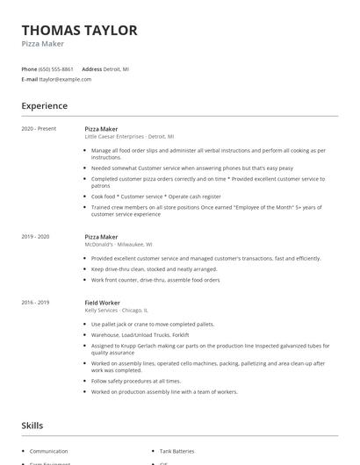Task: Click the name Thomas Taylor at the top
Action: click(x=79, y=31)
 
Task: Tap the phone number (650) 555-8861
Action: click(x=57, y=68)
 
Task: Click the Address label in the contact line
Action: click(x=91, y=68)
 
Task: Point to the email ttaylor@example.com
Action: click(x=65, y=79)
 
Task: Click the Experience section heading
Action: click(x=45, y=106)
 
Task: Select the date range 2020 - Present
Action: click(x=39, y=129)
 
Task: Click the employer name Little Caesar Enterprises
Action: click(x=114, y=137)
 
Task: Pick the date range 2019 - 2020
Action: click(x=36, y=237)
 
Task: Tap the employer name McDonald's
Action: click(x=99, y=245)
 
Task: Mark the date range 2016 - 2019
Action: click(x=36, y=302)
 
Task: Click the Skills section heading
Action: click(x=32, y=426)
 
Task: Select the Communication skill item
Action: click(x=48, y=451)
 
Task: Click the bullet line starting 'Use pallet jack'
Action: click(x=140, y=324)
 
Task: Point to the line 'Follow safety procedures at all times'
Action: click(x=136, y=381)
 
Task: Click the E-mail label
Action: click(x=29, y=79)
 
